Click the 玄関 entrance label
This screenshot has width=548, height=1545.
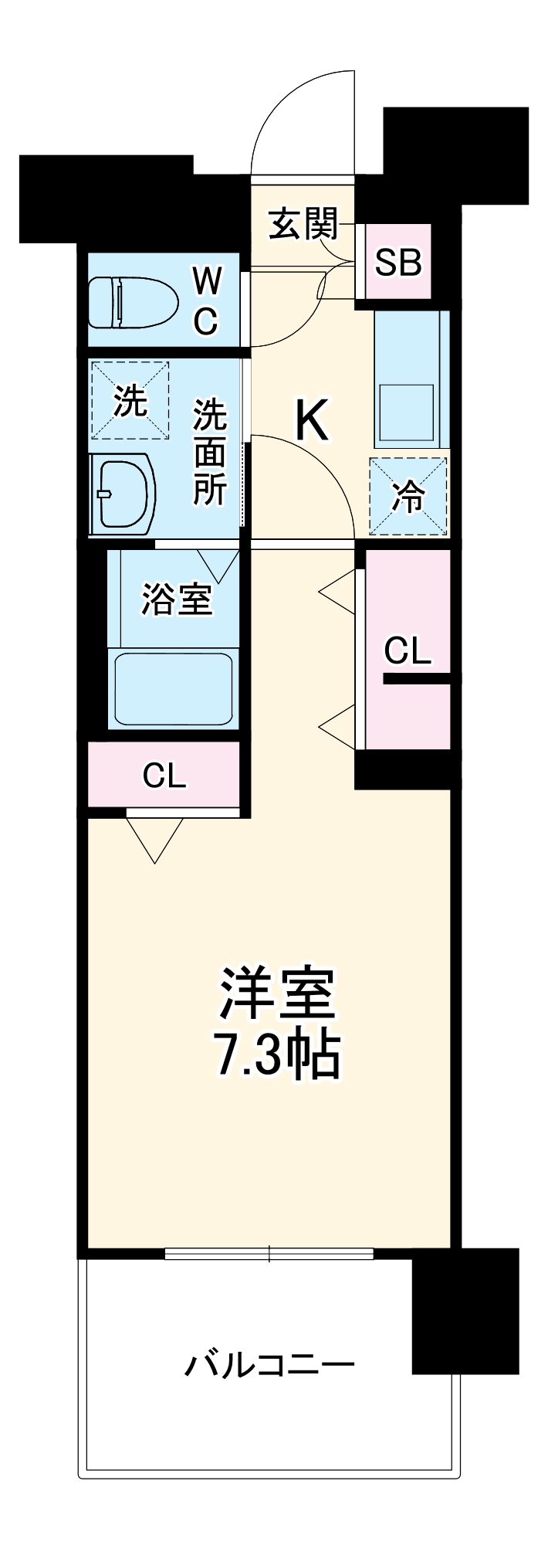click(303, 224)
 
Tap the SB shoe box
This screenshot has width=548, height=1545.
click(398, 263)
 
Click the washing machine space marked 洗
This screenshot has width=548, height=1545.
click(130, 400)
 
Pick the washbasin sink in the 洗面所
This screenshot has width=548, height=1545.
click(123, 492)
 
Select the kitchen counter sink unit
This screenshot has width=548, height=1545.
click(411, 379)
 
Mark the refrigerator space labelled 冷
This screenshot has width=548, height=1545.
click(408, 496)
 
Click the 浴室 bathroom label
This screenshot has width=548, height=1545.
click(177, 599)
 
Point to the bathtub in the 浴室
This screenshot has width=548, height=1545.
click(174, 688)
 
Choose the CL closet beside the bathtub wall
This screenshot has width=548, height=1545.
click(164, 776)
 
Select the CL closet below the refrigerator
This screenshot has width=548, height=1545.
click(408, 650)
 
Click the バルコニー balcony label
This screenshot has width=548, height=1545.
click(269, 1365)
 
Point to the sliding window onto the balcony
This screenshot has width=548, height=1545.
click(269, 1253)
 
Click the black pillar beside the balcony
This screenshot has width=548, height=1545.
click(465, 1309)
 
